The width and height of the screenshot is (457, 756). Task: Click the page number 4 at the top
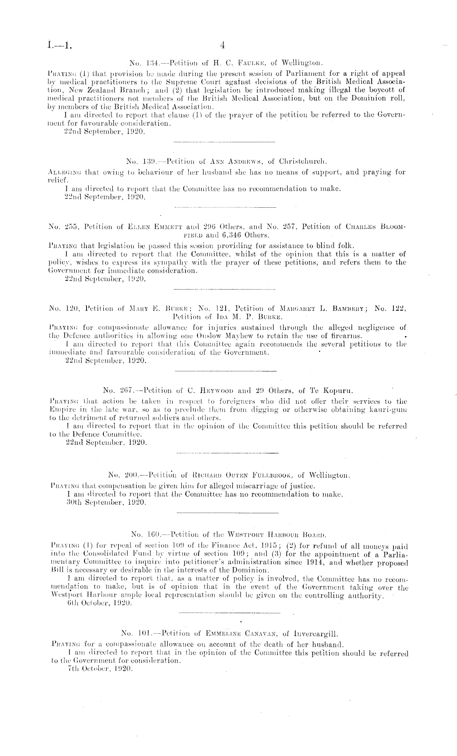(x=222, y=44)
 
